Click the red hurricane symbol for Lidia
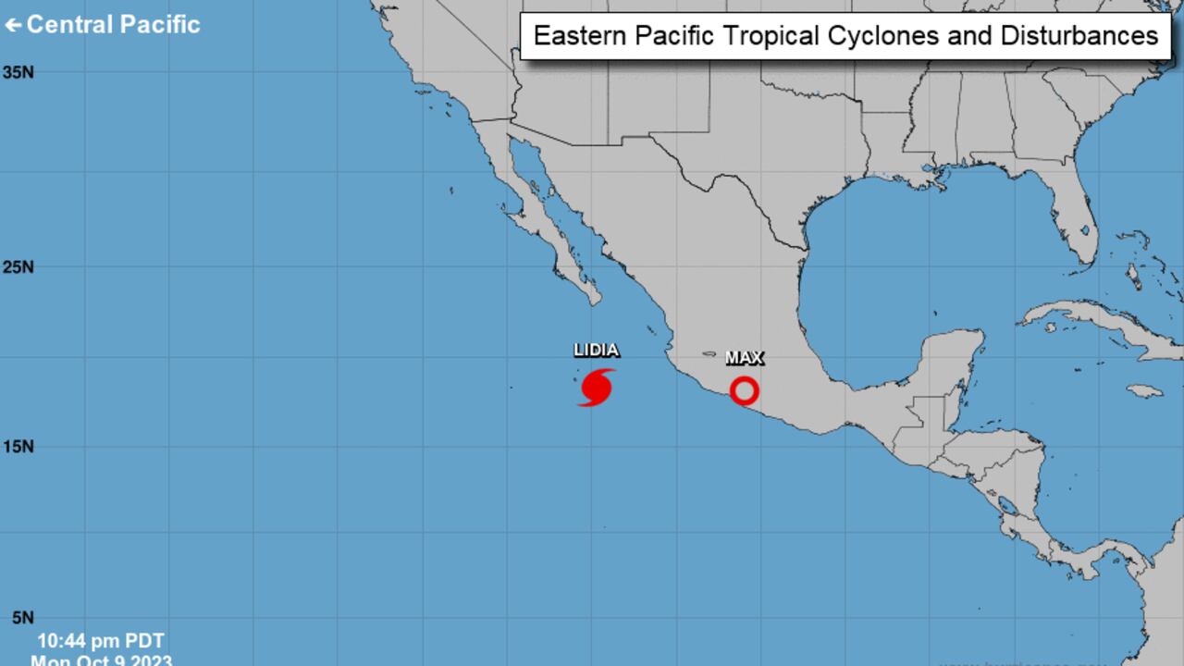tap(597, 388)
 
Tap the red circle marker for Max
tap(744, 390)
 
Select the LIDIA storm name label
tap(596, 351)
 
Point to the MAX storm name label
tap(744, 358)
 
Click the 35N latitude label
tap(18, 72)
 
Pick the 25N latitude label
tap(18, 267)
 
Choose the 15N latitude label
tap(18, 447)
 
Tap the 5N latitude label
tap(18, 618)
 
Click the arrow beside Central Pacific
tap(13, 25)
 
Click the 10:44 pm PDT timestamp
tap(101, 641)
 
